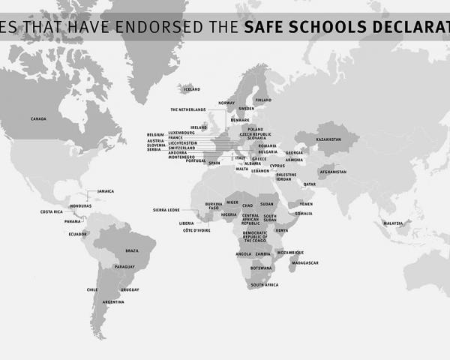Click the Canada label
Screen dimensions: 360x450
coord(39,118)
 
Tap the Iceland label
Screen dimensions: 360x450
coord(191,89)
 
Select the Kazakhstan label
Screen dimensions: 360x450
coord(328,139)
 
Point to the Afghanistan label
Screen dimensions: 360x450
coord(333,172)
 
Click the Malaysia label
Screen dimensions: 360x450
coord(393,223)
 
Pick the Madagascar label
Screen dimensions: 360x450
coord(304,262)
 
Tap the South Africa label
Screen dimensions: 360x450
coord(265,285)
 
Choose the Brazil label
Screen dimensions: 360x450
coord(132,250)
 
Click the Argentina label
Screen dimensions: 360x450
coord(113,301)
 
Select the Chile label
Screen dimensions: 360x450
coord(92,289)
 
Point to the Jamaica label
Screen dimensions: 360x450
coord(106,191)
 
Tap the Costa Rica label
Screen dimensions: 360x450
coord(52,211)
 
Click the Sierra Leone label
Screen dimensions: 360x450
coord(166,210)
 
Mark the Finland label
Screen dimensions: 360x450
coord(263,100)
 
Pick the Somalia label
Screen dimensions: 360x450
coord(304,214)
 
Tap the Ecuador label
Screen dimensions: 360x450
coord(78,233)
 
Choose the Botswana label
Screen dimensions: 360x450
coord(261,268)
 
